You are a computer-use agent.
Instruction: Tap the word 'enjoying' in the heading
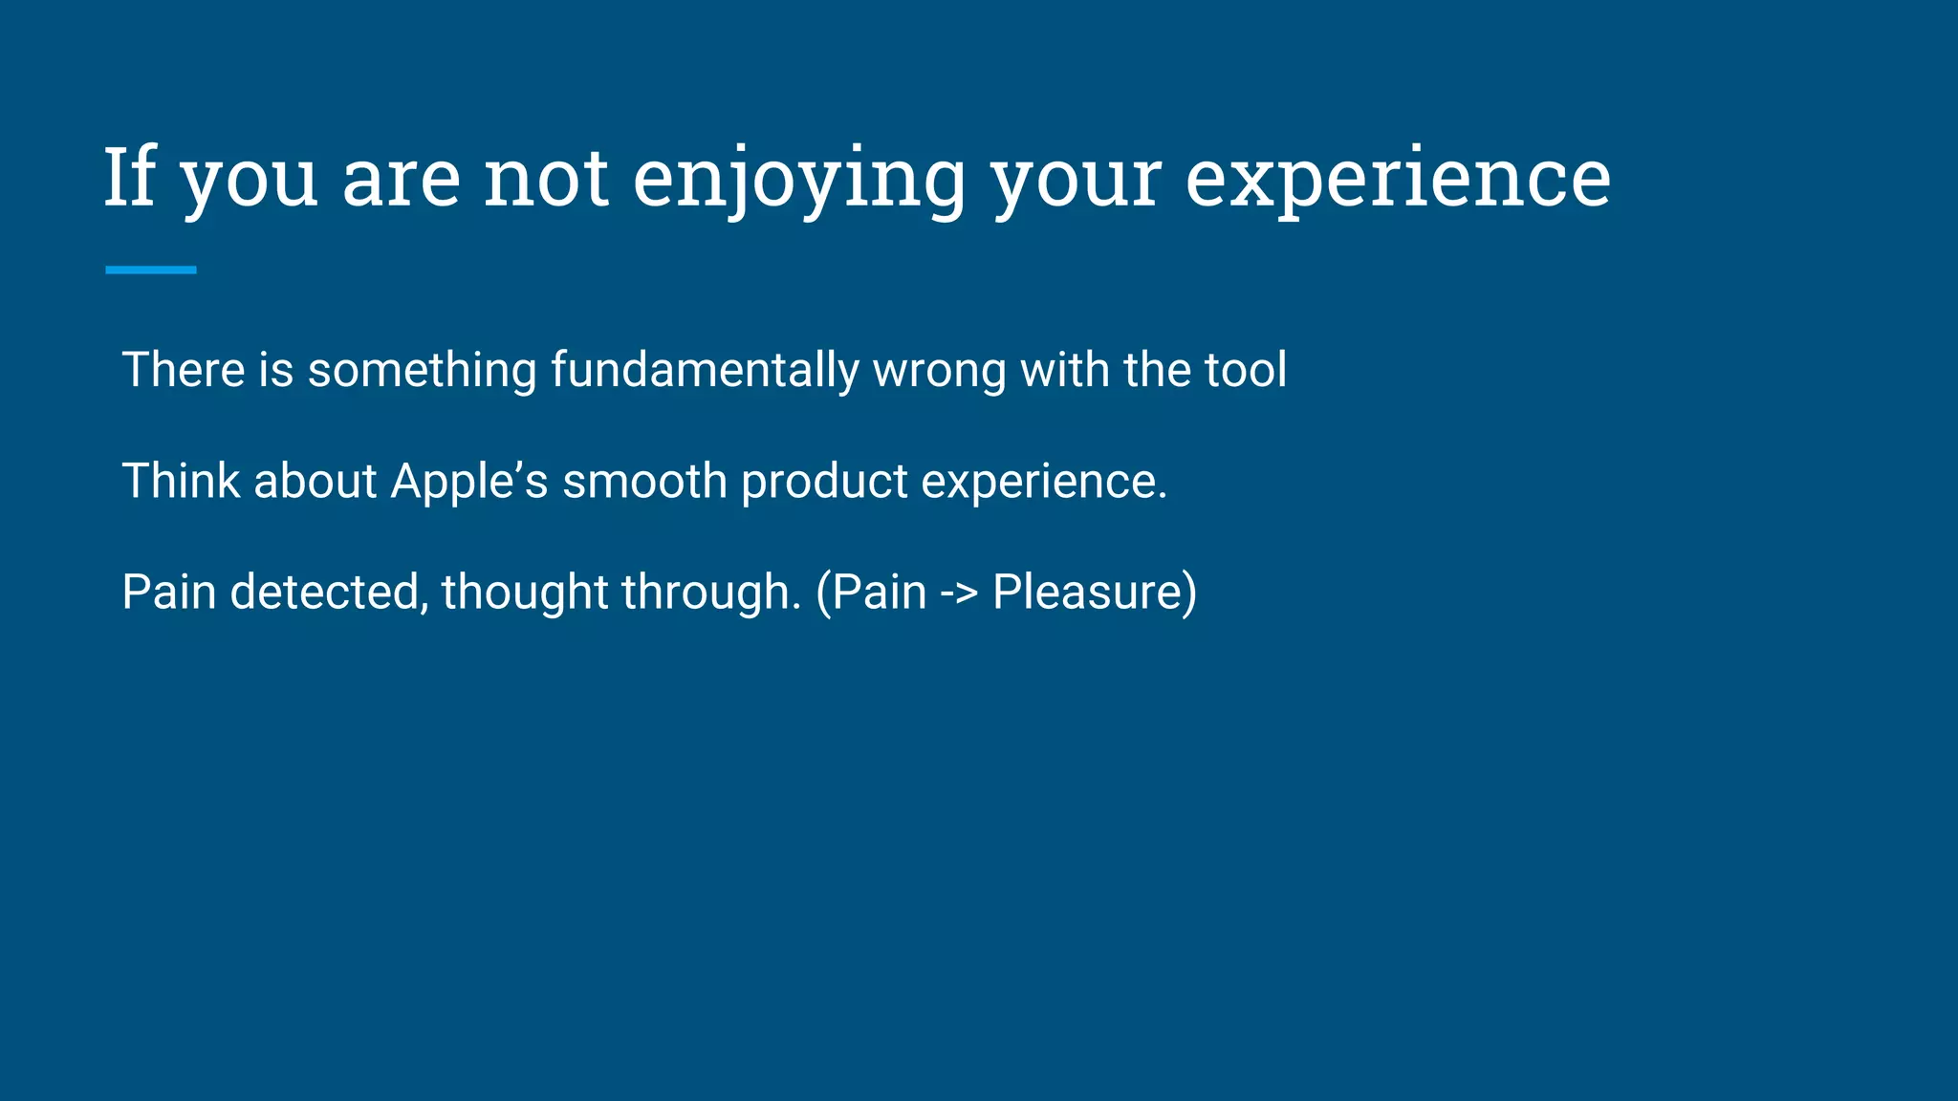798,180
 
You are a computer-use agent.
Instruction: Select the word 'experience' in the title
1397,180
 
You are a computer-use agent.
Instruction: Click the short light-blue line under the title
150,270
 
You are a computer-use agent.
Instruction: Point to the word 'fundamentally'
705,371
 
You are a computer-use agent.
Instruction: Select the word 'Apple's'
469,482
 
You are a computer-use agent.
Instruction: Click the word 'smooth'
644,481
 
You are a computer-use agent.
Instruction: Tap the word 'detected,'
329,592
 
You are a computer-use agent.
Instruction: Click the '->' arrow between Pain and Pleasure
959,593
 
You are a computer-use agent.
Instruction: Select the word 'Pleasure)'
1095,592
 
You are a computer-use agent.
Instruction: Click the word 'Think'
181,481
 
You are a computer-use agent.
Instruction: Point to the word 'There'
183,370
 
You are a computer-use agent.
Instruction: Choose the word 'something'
422,372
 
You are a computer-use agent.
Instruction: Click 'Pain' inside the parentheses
879,592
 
